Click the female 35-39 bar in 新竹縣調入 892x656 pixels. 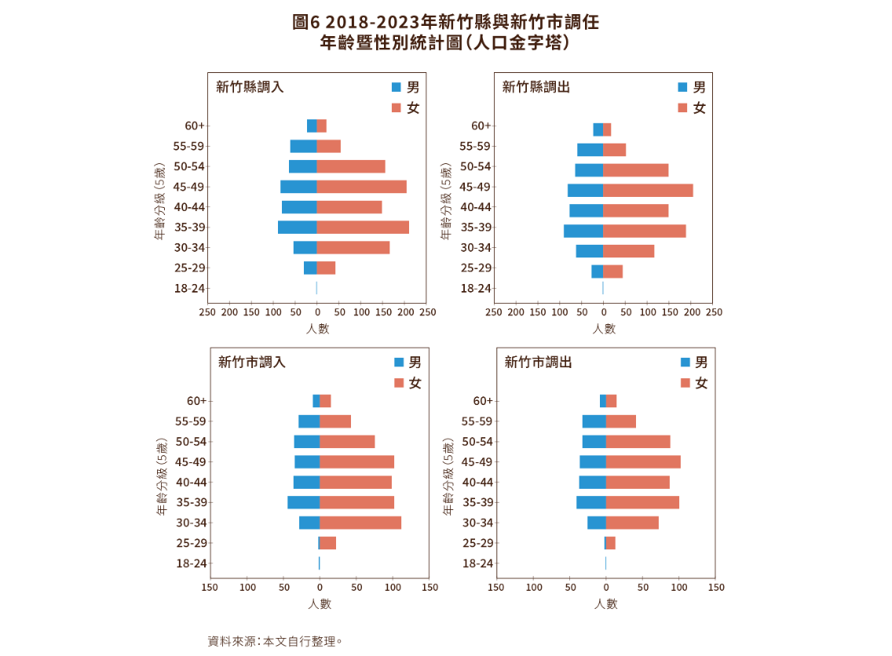click(363, 227)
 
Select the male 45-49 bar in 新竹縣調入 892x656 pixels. click(298, 187)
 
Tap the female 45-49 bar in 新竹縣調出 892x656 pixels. click(649, 190)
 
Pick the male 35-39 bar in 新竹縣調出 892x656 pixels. click(583, 231)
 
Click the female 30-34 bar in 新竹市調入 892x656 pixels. click(361, 523)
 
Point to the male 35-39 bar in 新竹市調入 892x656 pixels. click(303, 502)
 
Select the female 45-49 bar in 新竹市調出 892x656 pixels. click(643, 462)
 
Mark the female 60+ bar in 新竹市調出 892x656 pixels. click(612, 401)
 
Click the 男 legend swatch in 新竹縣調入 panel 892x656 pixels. click(397, 87)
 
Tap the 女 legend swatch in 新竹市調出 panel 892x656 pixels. click(685, 383)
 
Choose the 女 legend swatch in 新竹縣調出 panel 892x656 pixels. click(682, 108)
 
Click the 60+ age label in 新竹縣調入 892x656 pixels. click(196, 126)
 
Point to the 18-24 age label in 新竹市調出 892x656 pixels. click(477, 563)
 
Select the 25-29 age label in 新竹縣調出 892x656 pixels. click(476, 268)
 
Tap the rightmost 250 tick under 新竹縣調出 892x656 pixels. click(714, 312)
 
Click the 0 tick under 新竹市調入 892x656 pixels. click(320, 587)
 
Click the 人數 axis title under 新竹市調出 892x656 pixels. click(605, 604)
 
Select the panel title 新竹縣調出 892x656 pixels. click(536, 87)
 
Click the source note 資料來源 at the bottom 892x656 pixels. click(273, 641)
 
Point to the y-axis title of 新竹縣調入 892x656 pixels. click(159, 201)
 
